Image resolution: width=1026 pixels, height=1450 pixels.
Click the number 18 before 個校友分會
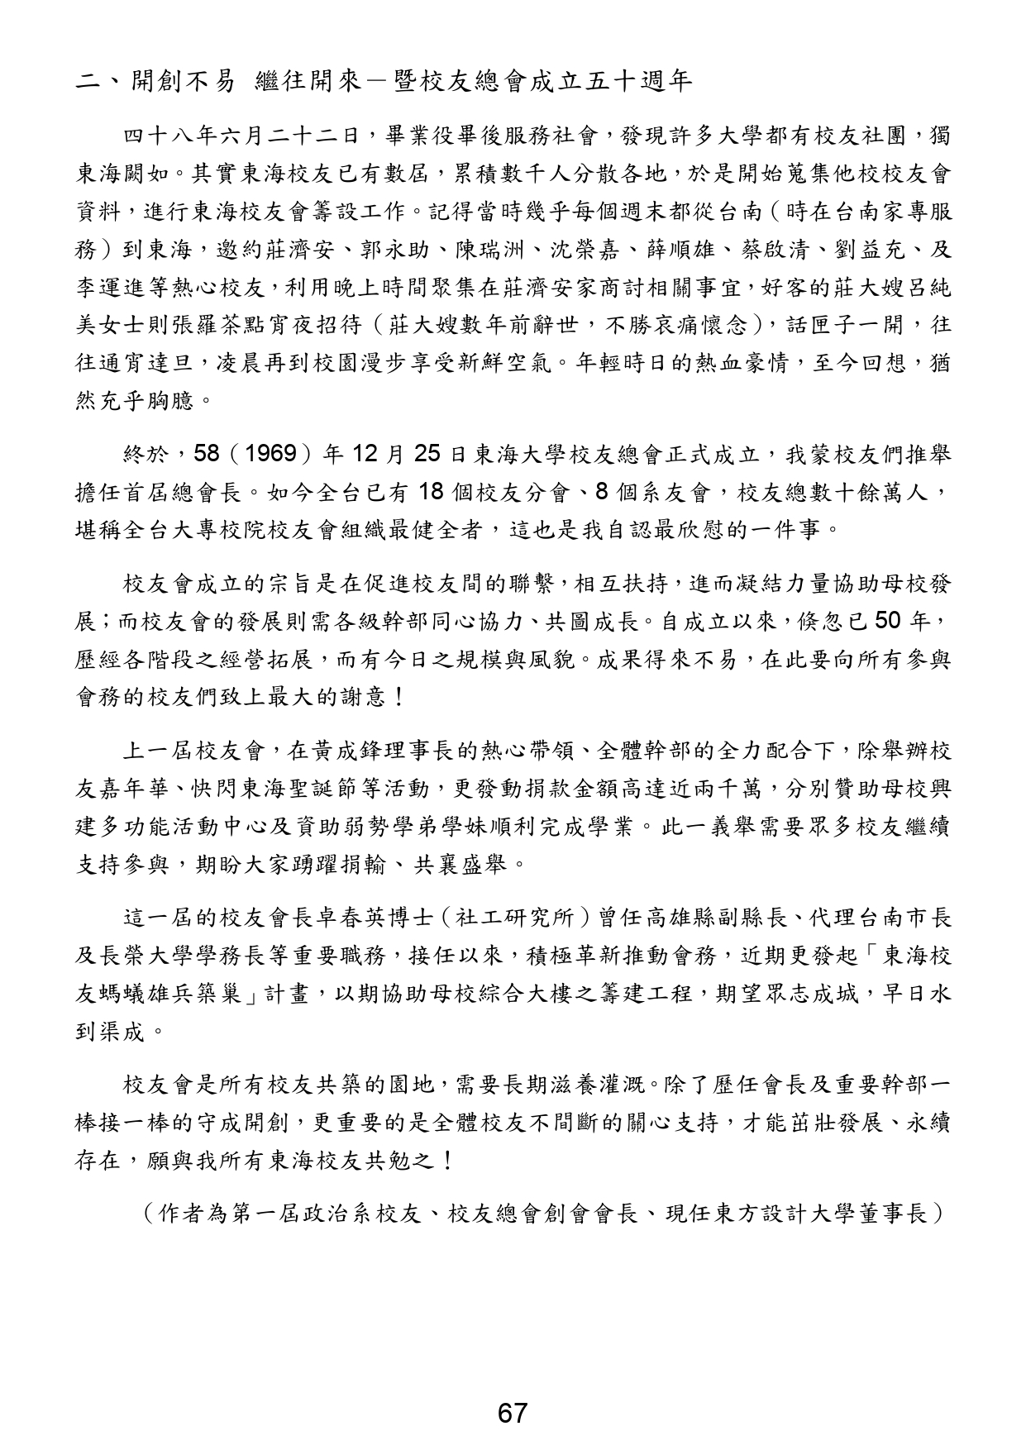click(x=433, y=492)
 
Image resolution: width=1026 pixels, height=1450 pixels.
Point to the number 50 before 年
click(x=890, y=621)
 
